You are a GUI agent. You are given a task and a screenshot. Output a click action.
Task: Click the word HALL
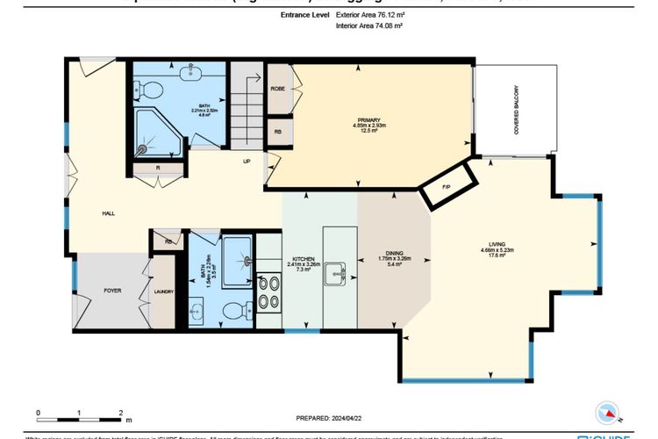[108, 213]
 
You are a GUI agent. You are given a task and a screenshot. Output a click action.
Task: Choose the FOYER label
[112, 290]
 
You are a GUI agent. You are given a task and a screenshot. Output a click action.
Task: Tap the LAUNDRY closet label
[164, 292]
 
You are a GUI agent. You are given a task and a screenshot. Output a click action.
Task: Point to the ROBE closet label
[277, 89]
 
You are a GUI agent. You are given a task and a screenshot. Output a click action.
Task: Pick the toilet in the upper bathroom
[149, 88]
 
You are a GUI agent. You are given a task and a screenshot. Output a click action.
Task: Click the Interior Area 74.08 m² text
[369, 27]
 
